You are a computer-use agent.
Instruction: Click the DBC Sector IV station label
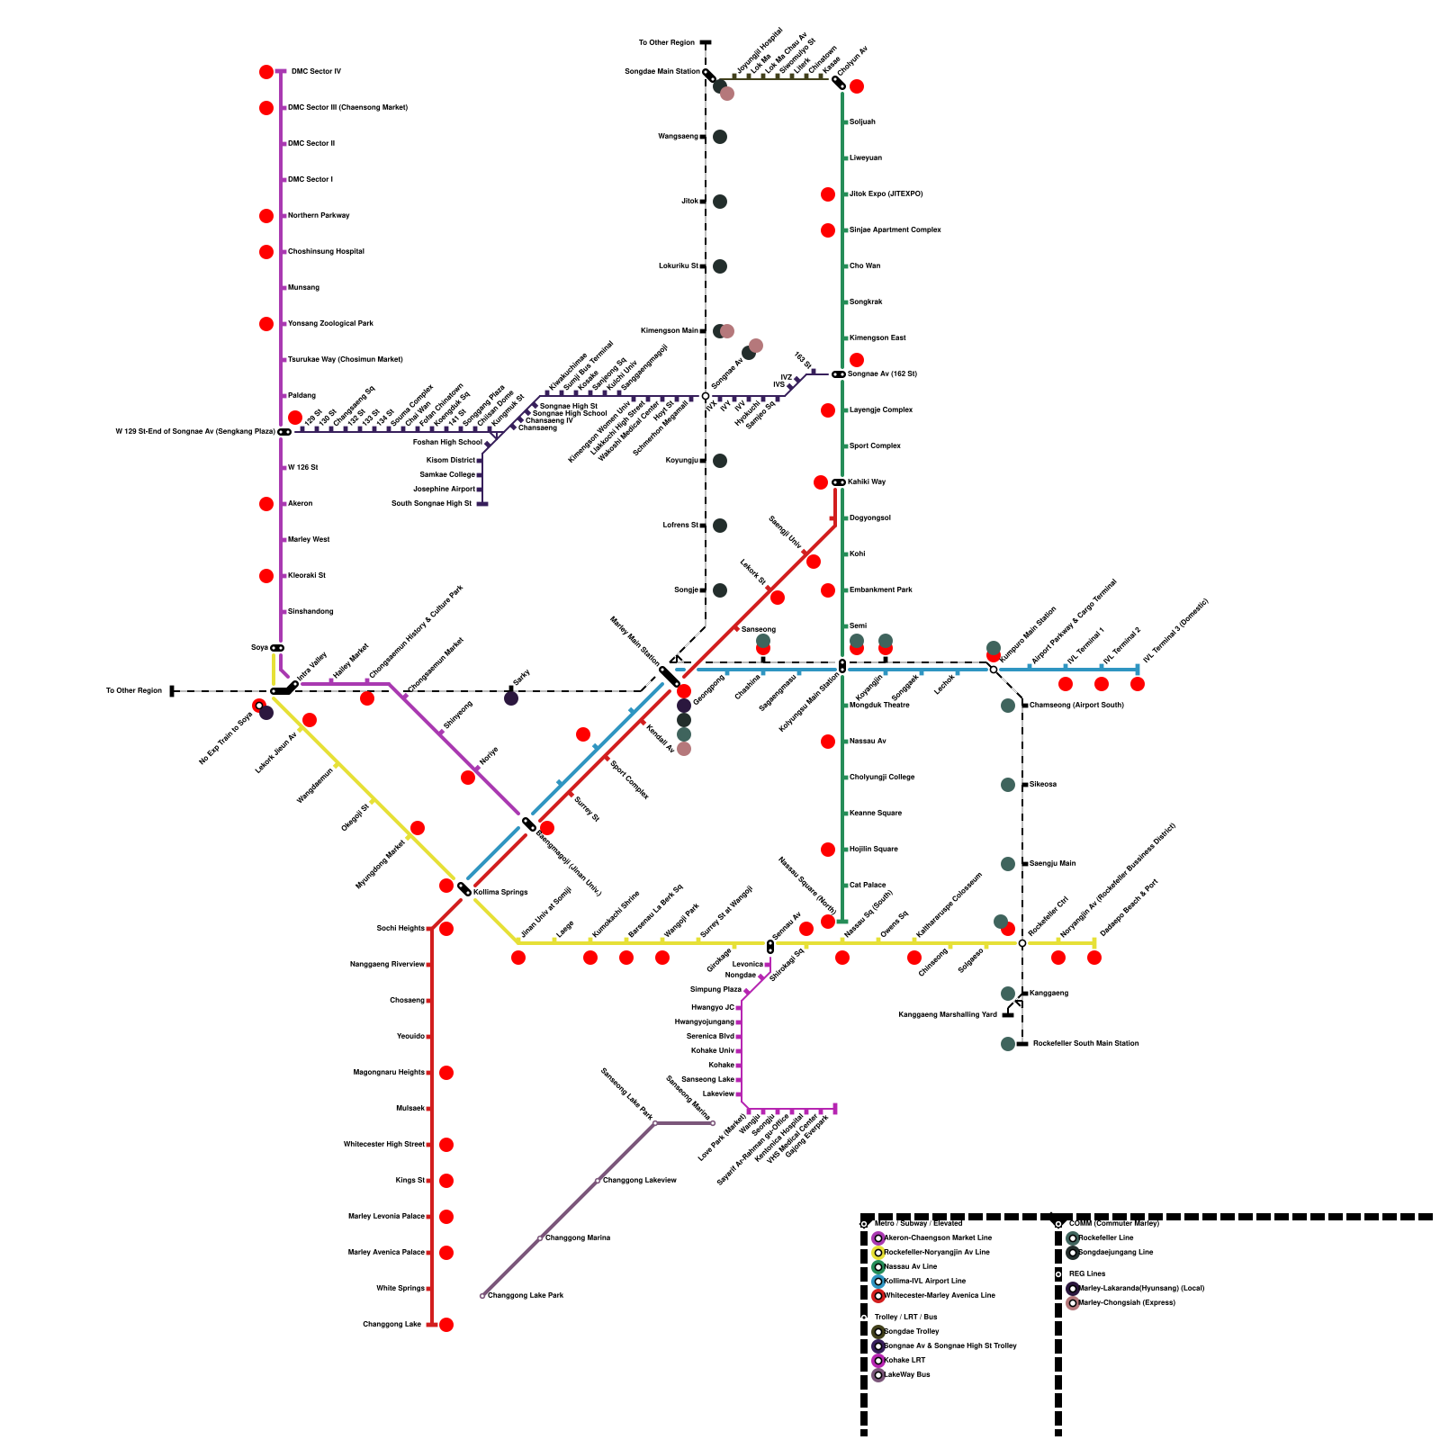pyautogui.click(x=315, y=71)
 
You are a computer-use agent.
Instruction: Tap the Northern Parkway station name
pyautogui.click(x=319, y=215)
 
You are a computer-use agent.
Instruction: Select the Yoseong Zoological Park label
pyautogui.click(x=329, y=323)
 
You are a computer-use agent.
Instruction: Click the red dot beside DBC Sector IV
pyautogui.click(x=266, y=72)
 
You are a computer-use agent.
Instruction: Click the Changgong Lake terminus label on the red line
pyautogui.click(x=391, y=1324)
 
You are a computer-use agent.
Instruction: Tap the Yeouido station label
pyautogui.click(x=410, y=1036)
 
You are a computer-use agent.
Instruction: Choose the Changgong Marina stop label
pyautogui.click(x=578, y=1237)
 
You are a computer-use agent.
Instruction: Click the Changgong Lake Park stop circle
pyautogui.click(x=482, y=1296)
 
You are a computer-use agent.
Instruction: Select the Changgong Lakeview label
pyautogui.click(x=639, y=1180)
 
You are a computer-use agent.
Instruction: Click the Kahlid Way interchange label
pyautogui.click(x=868, y=481)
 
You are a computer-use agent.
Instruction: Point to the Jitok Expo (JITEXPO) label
pyautogui.click(x=886, y=193)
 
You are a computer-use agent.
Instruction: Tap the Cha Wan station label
pyautogui.click(x=865, y=265)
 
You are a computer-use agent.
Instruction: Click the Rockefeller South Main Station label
pyautogui.click(x=1085, y=1043)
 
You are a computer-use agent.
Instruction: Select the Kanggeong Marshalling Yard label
pyautogui.click(x=948, y=1014)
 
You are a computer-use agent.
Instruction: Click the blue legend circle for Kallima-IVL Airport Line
pyautogui.click(x=878, y=1281)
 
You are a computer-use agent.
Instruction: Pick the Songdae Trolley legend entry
pyautogui.click(x=912, y=1331)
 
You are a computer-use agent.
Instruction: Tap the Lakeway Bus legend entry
pyautogui.click(x=907, y=1374)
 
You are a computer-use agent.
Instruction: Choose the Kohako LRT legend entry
pyautogui.click(x=904, y=1360)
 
